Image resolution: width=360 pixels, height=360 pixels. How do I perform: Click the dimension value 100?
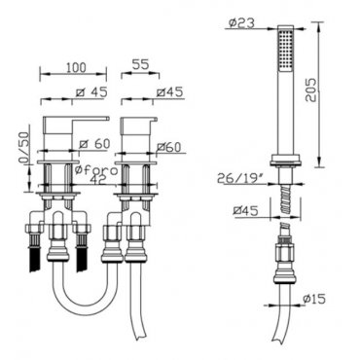point(76,67)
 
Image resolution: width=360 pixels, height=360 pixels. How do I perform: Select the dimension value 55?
point(141,64)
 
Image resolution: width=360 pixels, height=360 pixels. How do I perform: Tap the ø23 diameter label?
point(241,22)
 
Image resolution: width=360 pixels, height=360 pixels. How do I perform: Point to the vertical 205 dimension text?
point(312,90)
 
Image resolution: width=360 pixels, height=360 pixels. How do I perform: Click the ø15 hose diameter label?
point(314,299)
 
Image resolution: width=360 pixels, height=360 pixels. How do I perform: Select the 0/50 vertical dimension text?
point(23,149)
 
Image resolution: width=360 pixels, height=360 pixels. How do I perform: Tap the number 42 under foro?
point(98,180)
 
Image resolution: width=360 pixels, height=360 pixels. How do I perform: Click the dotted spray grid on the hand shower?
point(285,51)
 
